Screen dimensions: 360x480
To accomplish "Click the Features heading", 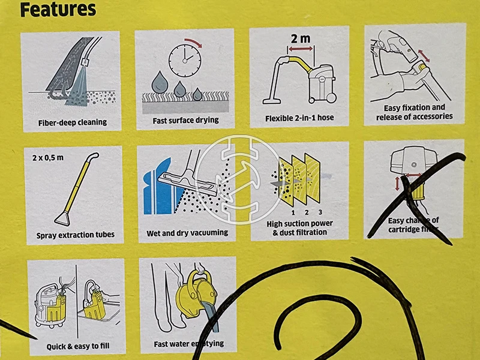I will point(58,10).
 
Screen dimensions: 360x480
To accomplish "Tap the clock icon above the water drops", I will point(184,58).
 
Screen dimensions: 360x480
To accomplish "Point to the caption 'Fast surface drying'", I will point(185,120).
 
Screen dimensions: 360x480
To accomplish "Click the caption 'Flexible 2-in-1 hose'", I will point(299,118).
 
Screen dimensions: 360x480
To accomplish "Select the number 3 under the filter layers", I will point(321,212).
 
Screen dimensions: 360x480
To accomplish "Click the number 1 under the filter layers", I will point(292,212).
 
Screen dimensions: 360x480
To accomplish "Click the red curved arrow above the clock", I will point(193,41).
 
